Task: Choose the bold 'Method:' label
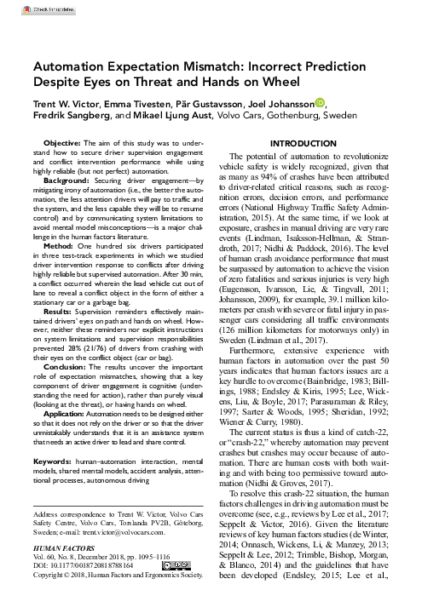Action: point(62,245)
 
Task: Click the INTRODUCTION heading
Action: point(309,144)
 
